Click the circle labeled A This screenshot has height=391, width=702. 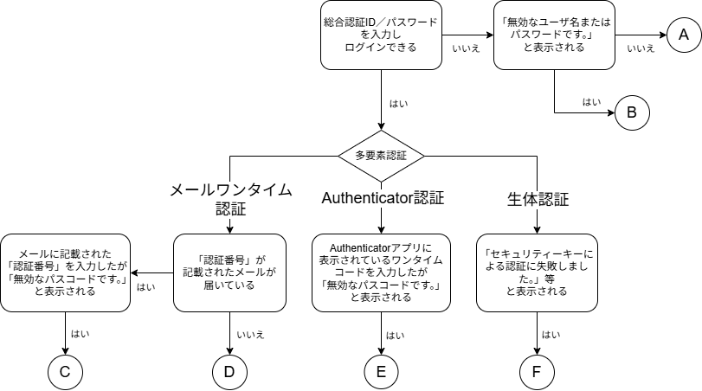[x=684, y=35]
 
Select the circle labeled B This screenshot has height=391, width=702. [x=632, y=112]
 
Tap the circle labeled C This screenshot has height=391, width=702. [x=65, y=372]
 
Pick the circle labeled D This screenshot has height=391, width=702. [x=229, y=372]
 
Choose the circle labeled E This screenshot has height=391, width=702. [x=381, y=372]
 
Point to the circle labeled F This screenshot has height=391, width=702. [x=537, y=372]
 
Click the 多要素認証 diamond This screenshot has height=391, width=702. [x=381, y=156]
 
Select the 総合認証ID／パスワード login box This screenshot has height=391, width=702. [x=381, y=35]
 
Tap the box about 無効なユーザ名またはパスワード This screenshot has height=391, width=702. [x=554, y=35]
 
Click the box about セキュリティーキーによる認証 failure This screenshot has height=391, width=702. [x=537, y=272]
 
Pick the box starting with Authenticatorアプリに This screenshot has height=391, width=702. [x=381, y=272]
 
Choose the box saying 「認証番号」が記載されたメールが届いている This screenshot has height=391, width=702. [x=229, y=272]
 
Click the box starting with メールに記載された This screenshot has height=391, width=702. [x=65, y=272]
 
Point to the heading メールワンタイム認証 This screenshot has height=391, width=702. [x=230, y=199]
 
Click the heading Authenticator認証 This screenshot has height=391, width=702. [x=383, y=197]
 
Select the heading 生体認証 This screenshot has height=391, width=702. [x=538, y=200]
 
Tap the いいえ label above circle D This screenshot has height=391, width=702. [x=252, y=334]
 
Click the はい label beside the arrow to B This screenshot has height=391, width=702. [x=591, y=102]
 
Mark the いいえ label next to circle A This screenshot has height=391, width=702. [x=641, y=48]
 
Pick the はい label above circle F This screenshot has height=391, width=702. [x=551, y=334]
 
